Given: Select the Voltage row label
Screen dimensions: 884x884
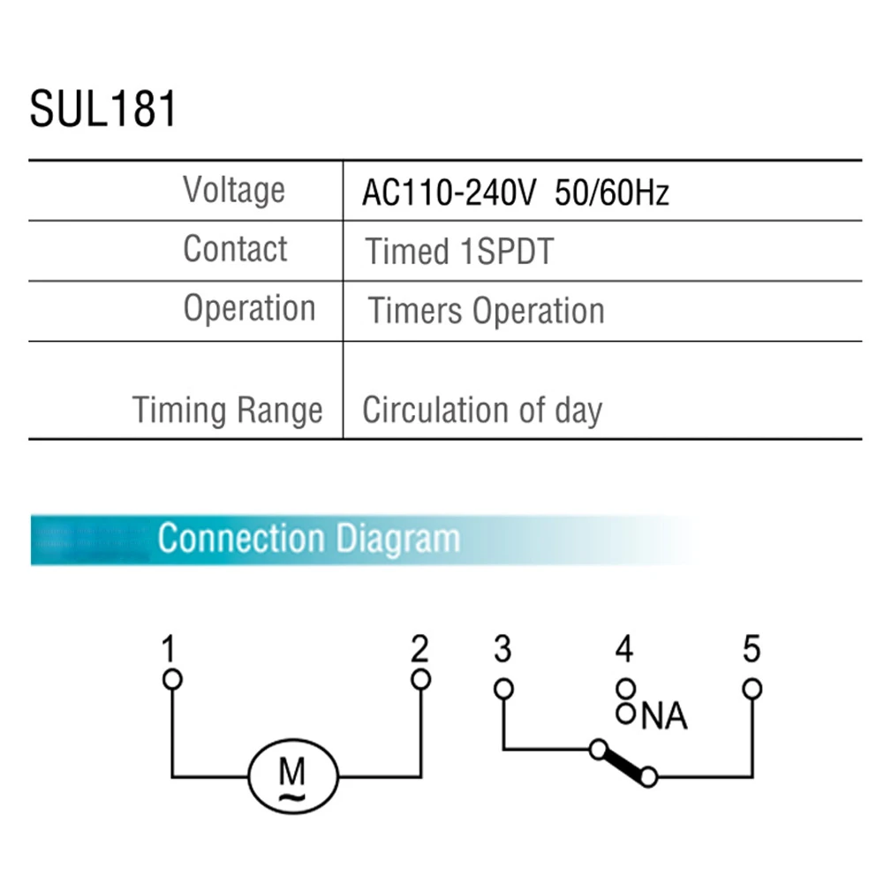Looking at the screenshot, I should [233, 190].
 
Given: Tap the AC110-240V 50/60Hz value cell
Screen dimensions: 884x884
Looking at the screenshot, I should [515, 193].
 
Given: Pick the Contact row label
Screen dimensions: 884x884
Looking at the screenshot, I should [235, 249].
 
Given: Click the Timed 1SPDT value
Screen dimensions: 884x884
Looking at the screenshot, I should [459, 252].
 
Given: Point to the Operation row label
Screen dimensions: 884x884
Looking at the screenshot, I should [249, 308].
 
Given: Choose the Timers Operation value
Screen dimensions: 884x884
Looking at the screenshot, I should [486, 311].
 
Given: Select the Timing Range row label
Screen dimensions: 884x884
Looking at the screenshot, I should [227, 411].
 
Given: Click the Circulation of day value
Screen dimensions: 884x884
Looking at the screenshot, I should [482, 411].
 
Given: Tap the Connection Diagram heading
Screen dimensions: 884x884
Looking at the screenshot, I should [308, 538].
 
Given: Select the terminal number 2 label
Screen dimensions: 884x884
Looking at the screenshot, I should [420, 650].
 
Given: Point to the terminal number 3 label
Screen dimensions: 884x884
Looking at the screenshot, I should [502, 650].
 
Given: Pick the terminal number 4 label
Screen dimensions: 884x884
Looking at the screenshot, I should [624, 650].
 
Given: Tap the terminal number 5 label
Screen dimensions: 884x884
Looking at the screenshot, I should [752, 650].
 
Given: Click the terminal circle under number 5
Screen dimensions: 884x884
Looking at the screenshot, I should [752, 688].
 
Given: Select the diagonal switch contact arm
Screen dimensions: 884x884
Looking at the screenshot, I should [623, 764].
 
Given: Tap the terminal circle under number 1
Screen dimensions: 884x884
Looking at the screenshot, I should [173, 679].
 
